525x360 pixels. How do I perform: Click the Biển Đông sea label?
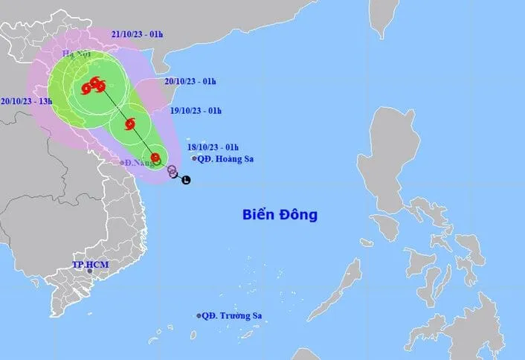click(280, 215)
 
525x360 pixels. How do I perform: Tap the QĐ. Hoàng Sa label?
click(225, 158)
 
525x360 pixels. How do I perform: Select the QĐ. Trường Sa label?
click(233, 316)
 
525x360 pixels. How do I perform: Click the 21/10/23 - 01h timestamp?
click(138, 34)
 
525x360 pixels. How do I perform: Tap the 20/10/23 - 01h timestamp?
click(190, 81)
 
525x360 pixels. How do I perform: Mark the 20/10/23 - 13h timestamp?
click(26, 101)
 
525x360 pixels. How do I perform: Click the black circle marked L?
click(186, 179)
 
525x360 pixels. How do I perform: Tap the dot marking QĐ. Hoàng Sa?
click(195, 158)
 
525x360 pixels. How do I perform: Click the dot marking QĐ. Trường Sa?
click(199, 316)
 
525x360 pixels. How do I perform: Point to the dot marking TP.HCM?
click(90, 271)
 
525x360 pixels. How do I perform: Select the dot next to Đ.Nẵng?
click(123, 162)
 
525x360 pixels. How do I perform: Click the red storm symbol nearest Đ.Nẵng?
click(155, 158)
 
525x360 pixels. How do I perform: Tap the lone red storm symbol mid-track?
click(130, 123)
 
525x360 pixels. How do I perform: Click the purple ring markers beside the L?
click(173, 171)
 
